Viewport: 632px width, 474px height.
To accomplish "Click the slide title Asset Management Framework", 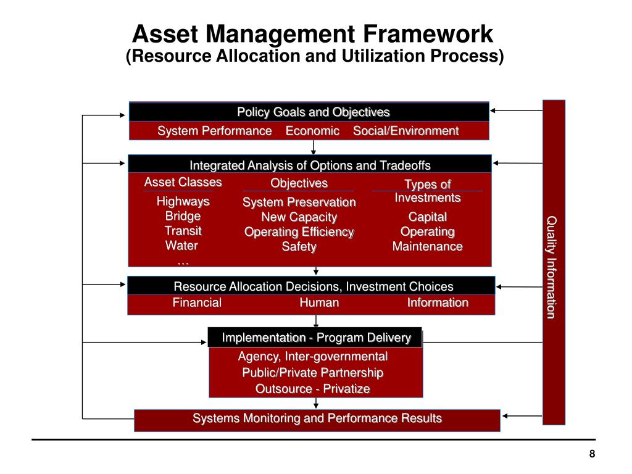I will click(x=315, y=33).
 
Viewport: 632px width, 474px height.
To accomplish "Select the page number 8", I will click(x=592, y=454).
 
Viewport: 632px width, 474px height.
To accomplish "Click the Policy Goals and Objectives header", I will click(x=314, y=112).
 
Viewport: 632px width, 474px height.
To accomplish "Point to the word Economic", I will click(x=312, y=131).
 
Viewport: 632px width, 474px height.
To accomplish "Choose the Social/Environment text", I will click(x=405, y=131).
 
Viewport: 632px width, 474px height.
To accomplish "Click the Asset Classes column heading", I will click(x=183, y=182).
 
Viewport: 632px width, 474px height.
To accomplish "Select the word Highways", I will click(x=183, y=201).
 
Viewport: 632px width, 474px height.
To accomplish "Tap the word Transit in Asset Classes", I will click(x=183, y=231).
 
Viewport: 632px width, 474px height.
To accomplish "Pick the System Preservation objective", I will click(x=299, y=202).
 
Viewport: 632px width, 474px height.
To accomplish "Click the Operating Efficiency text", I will click(x=299, y=232).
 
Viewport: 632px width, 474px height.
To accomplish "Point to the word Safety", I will click(x=299, y=247).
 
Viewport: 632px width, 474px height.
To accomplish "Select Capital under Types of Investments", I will click(x=428, y=217).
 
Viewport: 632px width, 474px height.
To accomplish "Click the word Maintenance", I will click(x=428, y=246).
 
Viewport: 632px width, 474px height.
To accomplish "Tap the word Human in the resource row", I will click(x=319, y=302).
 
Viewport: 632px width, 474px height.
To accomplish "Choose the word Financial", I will click(x=197, y=302).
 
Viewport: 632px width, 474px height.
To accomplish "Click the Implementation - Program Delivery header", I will click(x=316, y=338).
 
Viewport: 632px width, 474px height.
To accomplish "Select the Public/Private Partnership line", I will click(x=313, y=373).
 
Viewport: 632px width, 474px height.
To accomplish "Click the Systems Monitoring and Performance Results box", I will click(x=317, y=418).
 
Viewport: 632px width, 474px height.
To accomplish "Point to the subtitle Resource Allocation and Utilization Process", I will click(x=315, y=56).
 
